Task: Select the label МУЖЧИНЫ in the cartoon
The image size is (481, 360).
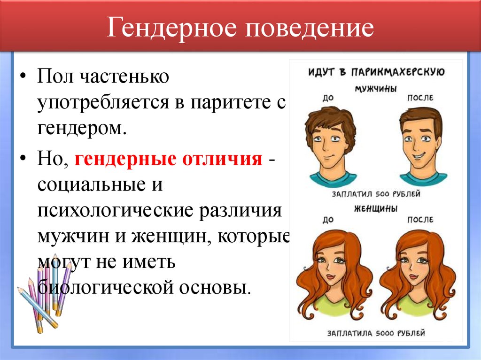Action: point(374,88)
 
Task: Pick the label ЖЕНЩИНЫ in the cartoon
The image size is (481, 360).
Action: point(374,207)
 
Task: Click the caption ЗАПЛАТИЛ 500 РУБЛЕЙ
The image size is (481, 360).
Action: point(375,193)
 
